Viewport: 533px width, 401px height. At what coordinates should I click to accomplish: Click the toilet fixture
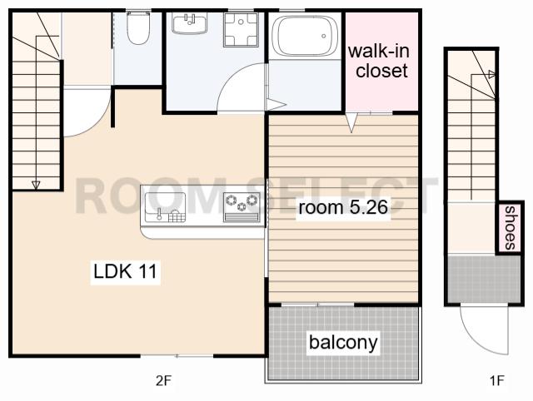point(138,27)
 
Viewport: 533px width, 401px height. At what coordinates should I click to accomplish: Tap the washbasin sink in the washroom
point(189,22)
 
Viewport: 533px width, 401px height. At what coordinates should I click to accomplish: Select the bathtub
point(306,36)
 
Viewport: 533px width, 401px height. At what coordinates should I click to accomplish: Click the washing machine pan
point(241,30)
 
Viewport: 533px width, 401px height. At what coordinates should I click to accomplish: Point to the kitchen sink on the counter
point(166,207)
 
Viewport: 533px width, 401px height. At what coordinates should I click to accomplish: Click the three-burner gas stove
point(242,207)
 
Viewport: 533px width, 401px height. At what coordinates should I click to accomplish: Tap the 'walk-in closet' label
point(379,61)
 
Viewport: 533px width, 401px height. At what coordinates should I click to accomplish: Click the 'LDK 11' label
point(126,271)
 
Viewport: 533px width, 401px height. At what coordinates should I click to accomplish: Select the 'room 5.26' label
point(343,207)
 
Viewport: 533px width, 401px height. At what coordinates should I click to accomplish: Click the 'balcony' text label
point(343,342)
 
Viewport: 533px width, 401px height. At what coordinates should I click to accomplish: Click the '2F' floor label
point(163,381)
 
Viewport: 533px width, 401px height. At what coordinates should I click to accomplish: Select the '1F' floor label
point(496,381)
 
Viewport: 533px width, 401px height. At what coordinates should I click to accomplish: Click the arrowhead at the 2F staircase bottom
point(36,185)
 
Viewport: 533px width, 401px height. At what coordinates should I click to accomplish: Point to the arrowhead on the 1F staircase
point(491,74)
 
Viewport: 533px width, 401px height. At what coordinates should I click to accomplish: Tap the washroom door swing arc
point(232,78)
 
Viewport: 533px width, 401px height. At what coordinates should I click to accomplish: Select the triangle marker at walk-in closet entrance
point(351,123)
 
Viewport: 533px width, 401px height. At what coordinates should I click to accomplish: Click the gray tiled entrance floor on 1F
point(484,279)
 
